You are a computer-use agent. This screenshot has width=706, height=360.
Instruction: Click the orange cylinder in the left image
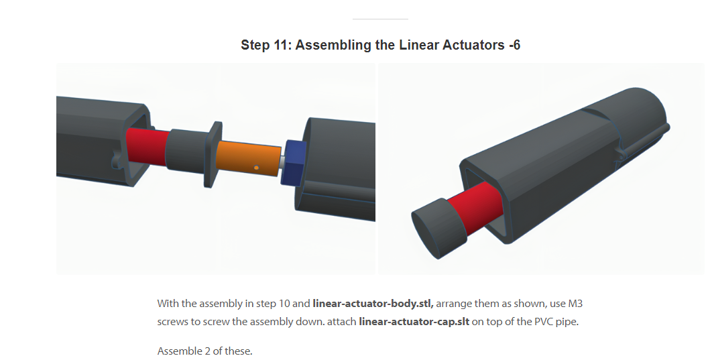click(x=249, y=159)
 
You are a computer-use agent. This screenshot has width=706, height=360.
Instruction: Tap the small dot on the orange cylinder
click(x=256, y=168)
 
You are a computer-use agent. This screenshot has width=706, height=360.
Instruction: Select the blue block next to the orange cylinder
click(x=294, y=162)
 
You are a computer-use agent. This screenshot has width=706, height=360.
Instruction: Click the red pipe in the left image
click(x=147, y=147)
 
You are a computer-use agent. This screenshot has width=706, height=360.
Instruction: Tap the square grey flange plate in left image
click(x=213, y=154)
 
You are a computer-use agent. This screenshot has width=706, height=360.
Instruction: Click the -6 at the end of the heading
click(x=514, y=45)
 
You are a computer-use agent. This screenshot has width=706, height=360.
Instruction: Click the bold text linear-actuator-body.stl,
click(x=373, y=304)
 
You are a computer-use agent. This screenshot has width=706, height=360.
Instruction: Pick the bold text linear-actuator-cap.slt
click(x=414, y=322)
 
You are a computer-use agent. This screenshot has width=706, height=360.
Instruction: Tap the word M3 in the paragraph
click(x=575, y=304)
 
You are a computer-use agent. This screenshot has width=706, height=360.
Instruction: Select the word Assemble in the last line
click(x=176, y=351)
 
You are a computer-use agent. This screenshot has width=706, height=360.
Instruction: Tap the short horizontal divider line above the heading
click(x=380, y=19)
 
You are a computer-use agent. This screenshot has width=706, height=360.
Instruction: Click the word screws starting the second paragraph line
click(x=170, y=322)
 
